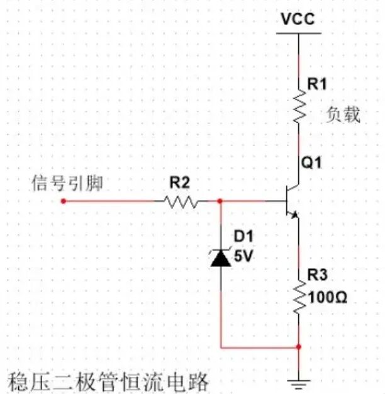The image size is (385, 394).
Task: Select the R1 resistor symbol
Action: (x=299, y=107)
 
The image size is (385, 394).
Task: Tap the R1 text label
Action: (x=316, y=84)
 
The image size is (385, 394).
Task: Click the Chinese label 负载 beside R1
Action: (x=343, y=115)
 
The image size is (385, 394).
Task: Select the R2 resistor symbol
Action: (x=181, y=202)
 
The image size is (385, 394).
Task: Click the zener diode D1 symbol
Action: (x=221, y=257)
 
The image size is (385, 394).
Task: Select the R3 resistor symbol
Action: (x=299, y=295)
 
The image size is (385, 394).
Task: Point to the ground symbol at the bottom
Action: (x=299, y=381)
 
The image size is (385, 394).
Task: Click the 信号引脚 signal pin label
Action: (x=67, y=183)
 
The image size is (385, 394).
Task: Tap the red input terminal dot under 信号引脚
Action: (x=64, y=201)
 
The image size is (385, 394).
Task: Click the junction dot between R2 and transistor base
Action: (x=220, y=201)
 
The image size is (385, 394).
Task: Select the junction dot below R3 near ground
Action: (x=299, y=346)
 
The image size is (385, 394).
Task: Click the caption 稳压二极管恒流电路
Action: (x=107, y=381)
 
